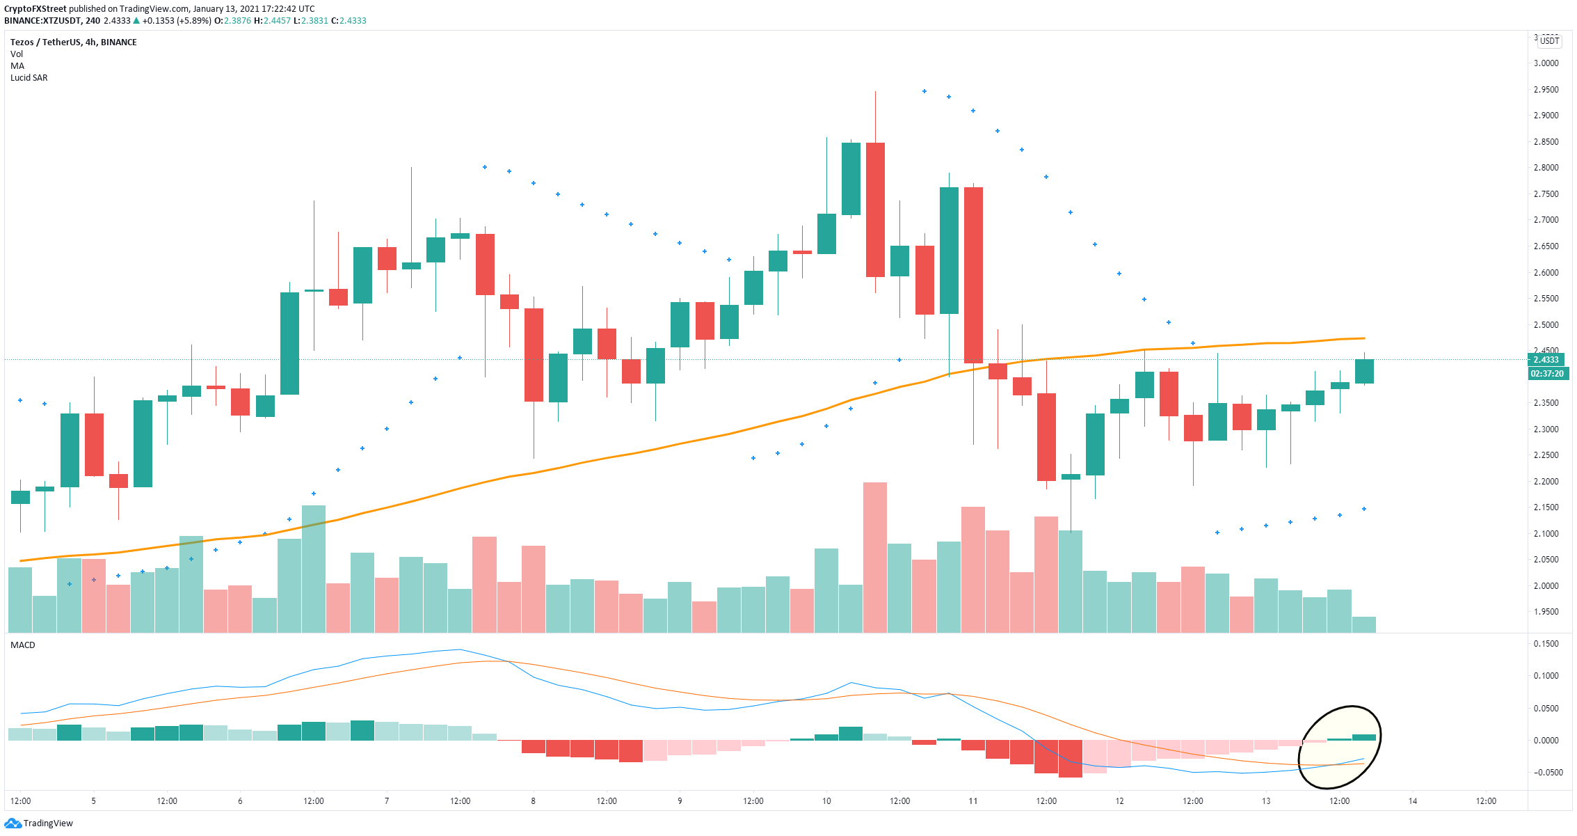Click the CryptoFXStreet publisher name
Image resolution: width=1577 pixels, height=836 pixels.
pyautogui.click(x=35, y=9)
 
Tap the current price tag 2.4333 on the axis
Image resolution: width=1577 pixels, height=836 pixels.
pyautogui.click(x=1546, y=360)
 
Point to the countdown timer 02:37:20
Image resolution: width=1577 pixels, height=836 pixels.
pyautogui.click(x=1546, y=374)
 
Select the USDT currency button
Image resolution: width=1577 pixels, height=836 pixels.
pyautogui.click(x=1549, y=40)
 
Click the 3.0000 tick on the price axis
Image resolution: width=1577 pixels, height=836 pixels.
pyautogui.click(x=1546, y=63)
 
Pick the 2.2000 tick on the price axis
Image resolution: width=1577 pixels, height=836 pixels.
pyautogui.click(x=1546, y=482)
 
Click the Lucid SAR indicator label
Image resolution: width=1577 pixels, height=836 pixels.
pyautogui.click(x=29, y=78)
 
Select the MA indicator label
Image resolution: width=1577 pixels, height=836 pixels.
pyautogui.click(x=17, y=66)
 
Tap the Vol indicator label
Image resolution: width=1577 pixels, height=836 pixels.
pyautogui.click(x=17, y=54)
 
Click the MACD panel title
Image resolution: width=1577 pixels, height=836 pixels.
pyautogui.click(x=23, y=645)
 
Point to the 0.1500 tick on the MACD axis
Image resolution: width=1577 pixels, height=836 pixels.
pyautogui.click(x=1546, y=644)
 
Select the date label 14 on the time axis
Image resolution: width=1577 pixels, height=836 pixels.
pyautogui.click(x=1413, y=801)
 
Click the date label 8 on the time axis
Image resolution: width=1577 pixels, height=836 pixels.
pyautogui.click(x=534, y=801)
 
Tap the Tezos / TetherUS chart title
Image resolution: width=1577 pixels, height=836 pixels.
pyautogui.click(x=74, y=42)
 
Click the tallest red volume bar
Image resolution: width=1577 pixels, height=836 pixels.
pyautogui.click(x=875, y=558)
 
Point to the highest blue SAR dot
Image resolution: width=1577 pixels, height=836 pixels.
pyautogui.click(x=924, y=91)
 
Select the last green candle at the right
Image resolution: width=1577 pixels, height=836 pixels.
pyautogui.click(x=1364, y=371)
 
